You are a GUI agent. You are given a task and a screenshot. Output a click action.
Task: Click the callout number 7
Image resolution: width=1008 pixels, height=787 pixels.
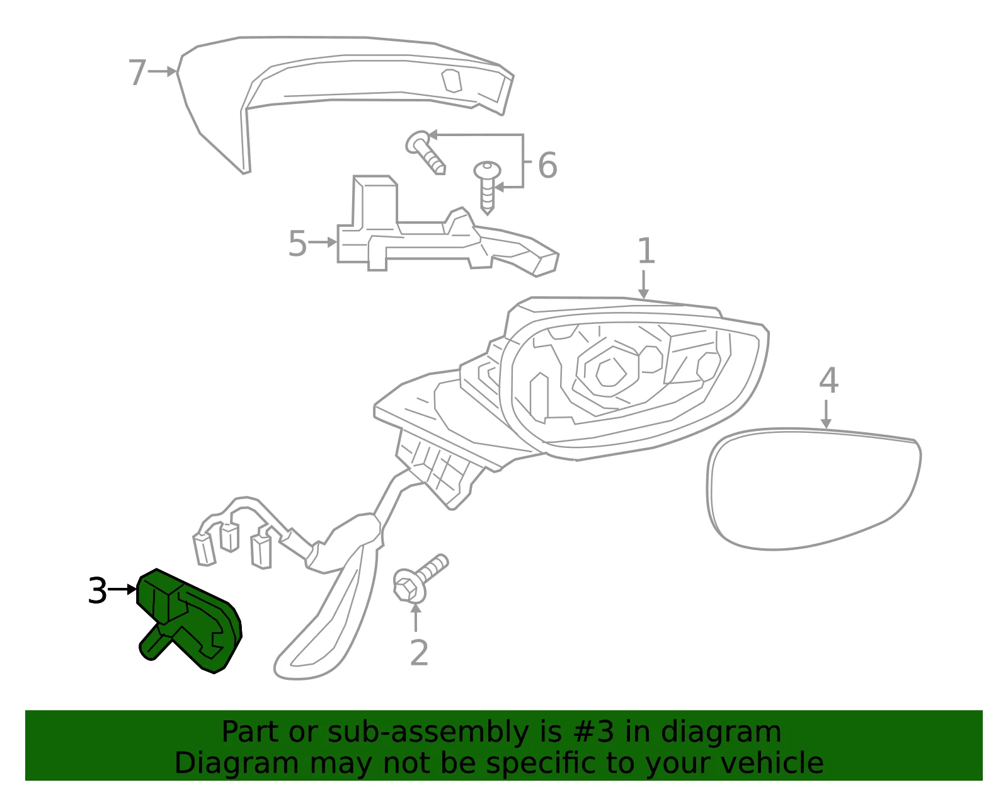coord(137,72)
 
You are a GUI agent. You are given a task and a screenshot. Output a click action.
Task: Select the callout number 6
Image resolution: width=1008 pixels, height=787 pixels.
coord(547,165)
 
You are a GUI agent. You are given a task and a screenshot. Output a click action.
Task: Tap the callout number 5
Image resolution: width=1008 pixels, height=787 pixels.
coord(297,243)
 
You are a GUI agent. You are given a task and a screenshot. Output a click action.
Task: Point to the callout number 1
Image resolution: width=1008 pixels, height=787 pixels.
coord(646,251)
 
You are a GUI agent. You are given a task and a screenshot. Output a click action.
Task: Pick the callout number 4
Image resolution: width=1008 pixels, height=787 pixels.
coord(828,381)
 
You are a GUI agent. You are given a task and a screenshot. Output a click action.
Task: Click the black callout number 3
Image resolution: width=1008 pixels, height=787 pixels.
coord(98,590)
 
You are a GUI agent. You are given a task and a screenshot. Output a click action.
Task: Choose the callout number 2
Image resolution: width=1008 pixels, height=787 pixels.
coord(419,653)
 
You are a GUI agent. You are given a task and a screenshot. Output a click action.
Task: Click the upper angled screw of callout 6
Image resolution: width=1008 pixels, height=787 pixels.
coord(425,152)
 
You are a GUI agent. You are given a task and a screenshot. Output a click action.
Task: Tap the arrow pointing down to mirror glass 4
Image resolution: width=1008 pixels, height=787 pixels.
coord(826,414)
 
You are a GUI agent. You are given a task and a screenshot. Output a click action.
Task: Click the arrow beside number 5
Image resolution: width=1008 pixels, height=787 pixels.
coord(323,242)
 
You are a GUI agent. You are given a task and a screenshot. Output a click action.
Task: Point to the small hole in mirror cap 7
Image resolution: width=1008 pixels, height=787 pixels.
coord(452,81)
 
